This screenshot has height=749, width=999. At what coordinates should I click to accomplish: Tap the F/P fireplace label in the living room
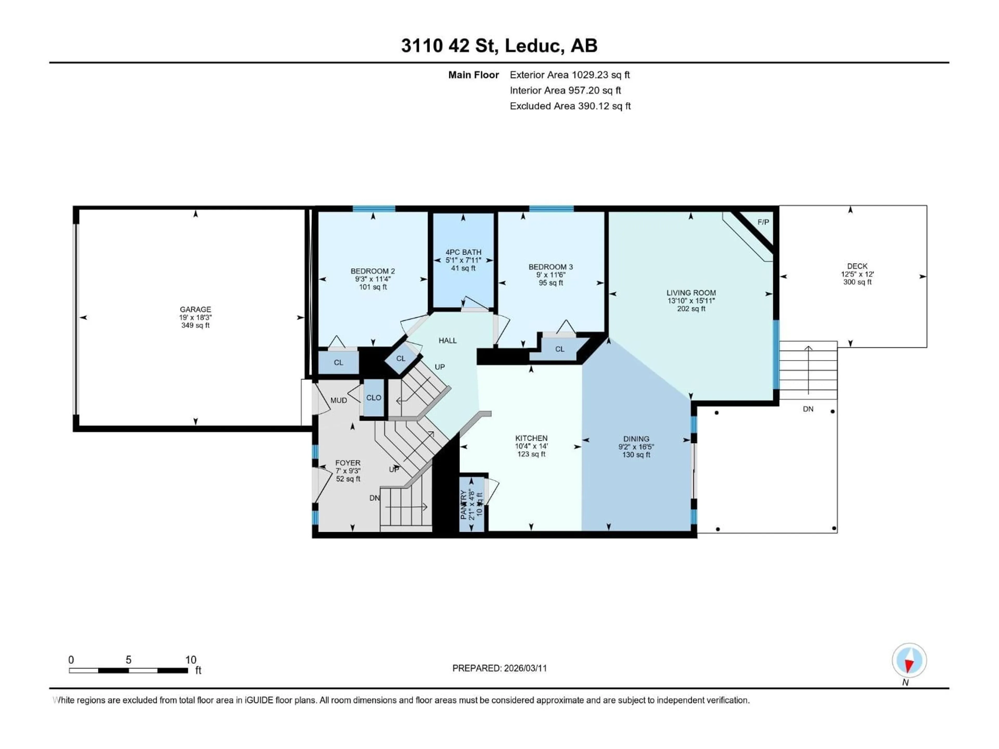(763, 222)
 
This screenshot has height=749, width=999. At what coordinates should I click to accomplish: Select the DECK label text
(857, 266)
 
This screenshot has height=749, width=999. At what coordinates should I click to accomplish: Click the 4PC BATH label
(463, 252)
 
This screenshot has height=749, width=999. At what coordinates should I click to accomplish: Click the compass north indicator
(909, 661)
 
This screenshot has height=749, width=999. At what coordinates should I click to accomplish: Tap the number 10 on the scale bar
(191, 660)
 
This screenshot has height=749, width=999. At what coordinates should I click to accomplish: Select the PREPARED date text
(499, 668)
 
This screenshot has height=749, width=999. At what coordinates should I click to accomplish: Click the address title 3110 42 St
(499, 46)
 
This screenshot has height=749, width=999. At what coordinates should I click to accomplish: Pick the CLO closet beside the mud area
(374, 398)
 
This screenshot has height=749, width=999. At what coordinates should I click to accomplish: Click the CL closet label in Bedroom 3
(560, 349)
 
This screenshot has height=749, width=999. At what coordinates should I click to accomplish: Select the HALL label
(447, 340)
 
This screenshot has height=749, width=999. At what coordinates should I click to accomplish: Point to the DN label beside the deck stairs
(808, 409)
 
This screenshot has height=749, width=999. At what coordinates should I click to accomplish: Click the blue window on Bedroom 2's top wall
(374, 209)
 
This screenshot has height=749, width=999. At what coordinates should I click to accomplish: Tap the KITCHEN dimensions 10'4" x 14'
(531, 446)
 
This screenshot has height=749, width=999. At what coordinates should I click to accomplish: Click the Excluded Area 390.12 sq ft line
(570, 106)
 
